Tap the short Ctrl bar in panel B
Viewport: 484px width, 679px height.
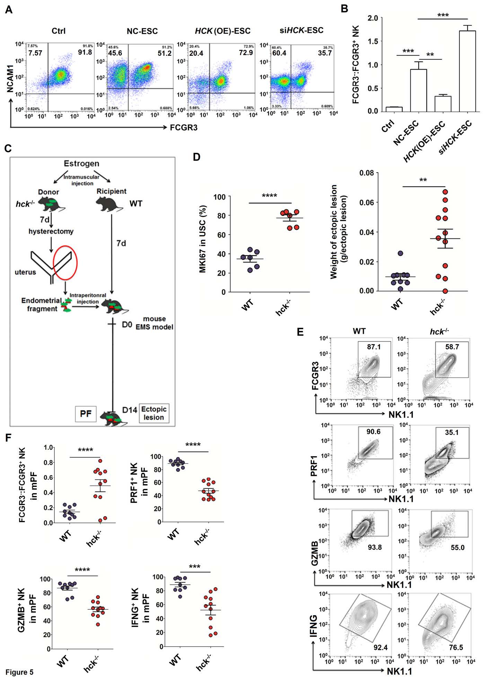394,109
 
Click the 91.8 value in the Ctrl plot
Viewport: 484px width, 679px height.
85,52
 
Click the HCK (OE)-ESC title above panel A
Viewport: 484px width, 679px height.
222,31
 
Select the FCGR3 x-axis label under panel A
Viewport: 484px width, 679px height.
184,128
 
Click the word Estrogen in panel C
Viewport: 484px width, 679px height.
81,164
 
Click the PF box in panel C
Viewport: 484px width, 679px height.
86,414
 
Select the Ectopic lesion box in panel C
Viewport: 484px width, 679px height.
154,413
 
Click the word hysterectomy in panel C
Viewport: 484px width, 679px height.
51,231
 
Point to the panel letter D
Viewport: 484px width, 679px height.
196,157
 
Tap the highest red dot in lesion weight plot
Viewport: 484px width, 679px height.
445,192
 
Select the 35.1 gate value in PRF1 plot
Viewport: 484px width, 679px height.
452,432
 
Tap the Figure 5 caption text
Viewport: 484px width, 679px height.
19,672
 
